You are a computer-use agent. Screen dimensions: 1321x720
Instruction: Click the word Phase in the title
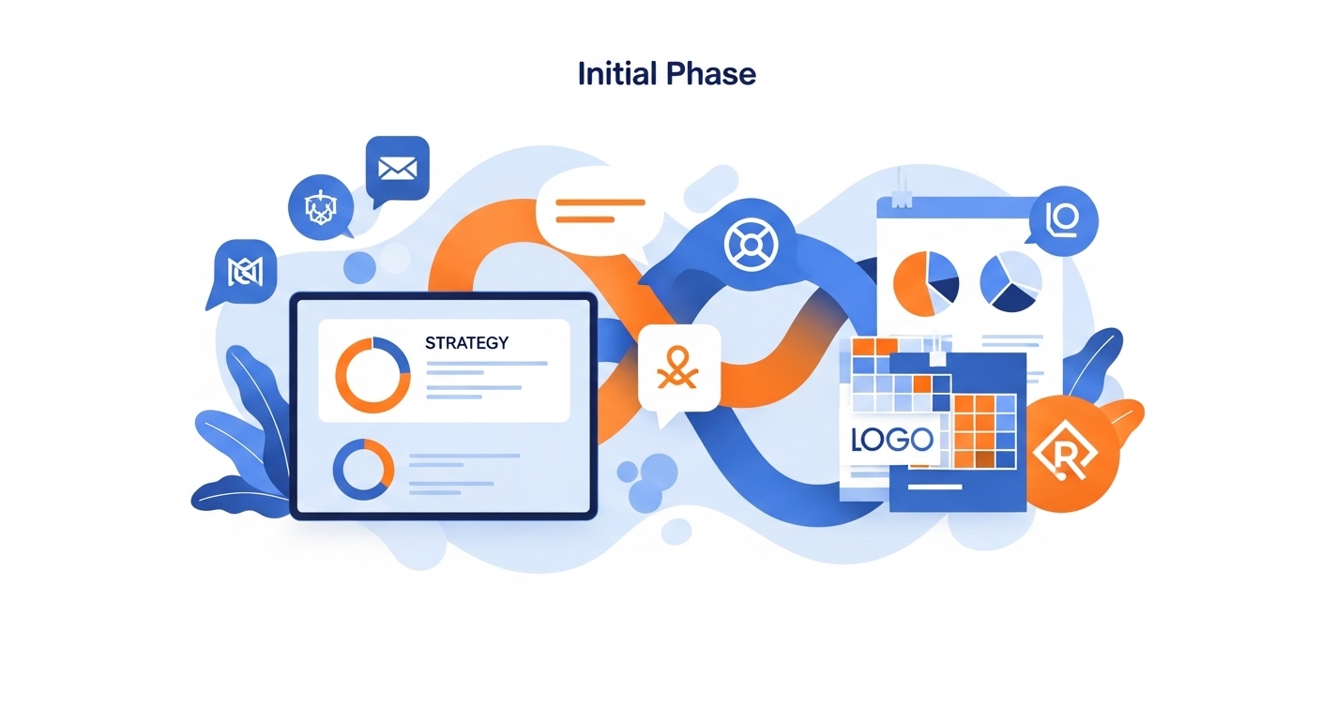tap(711, 74)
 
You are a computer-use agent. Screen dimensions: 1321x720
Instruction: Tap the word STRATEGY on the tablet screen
tap(466, 343)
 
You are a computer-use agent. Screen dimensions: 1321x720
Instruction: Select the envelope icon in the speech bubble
tap(398, 169)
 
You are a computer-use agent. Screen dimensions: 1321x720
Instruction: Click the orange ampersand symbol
tap(678, 368)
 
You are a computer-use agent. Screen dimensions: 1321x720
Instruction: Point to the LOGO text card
tap(891, 440)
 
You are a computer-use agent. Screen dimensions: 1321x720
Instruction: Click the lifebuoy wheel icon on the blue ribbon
tap(751, 244)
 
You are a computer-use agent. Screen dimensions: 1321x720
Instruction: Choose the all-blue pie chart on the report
tap(1010, 281)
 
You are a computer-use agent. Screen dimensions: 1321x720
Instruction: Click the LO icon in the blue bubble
tap(1063, 219)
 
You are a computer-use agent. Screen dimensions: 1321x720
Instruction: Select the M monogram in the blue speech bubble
tap(245, 272)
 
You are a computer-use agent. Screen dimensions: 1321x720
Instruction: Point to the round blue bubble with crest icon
tap(321, 207)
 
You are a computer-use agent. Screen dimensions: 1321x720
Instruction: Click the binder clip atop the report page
tap(901, 189)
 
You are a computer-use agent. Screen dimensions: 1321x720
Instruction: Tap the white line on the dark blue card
tap(934, 487)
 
